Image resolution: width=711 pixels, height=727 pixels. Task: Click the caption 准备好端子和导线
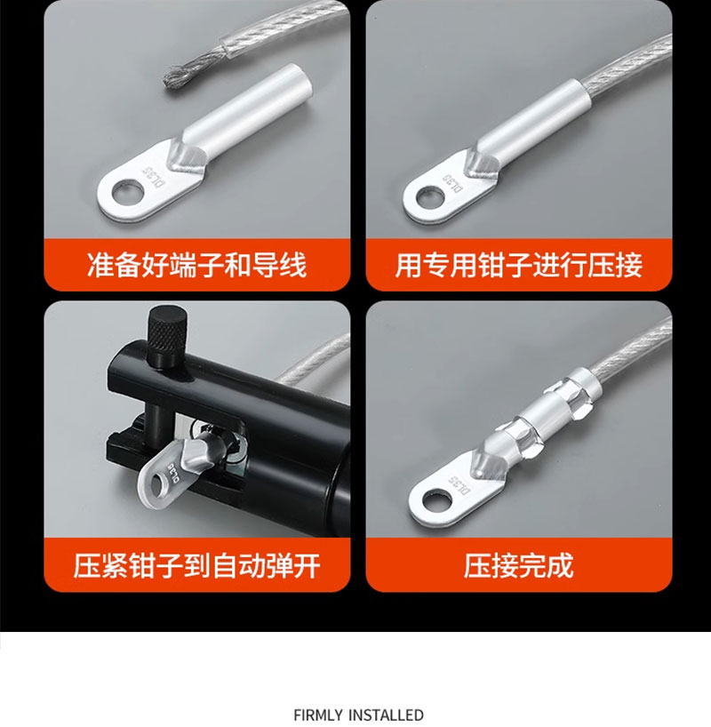196,265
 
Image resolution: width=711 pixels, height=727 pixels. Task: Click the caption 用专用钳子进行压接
518,265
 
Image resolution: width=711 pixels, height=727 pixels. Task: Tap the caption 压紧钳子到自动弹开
196,565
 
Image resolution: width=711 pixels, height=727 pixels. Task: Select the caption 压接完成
518,565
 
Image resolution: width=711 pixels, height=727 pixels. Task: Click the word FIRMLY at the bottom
318,715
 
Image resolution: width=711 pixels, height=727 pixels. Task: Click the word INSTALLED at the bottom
386,715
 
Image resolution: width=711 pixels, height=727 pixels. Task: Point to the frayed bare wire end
183,74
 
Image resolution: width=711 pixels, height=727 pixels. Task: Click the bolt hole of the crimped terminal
437,500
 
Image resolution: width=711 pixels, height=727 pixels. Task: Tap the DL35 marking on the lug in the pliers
175,472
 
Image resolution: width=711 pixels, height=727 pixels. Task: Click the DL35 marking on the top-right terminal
453,184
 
